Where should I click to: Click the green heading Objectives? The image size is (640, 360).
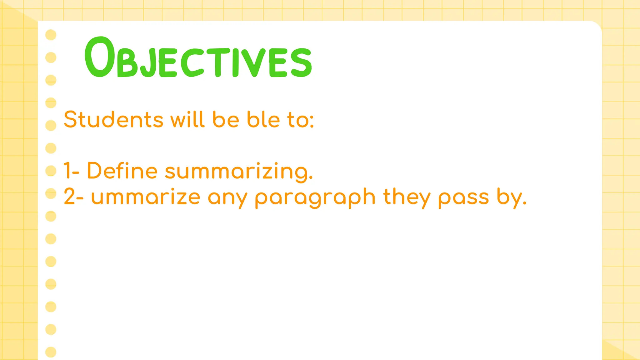(198, 58)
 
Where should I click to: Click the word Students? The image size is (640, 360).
(113, 119)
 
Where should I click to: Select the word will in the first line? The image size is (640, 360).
(187, 119)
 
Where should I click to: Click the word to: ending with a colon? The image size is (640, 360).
(301, 120)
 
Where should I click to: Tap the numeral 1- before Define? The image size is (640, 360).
(72, 171)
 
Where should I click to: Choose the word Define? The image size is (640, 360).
(122, 171)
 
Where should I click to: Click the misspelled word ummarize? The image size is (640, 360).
(146, 197)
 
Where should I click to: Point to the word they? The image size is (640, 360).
(407, 197)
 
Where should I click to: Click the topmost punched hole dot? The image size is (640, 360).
(51, 35)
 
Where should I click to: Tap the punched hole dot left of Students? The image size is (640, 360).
(51, 125)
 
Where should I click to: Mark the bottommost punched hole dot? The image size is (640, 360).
(51, 352)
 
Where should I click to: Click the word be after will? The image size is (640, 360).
(226, 119)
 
